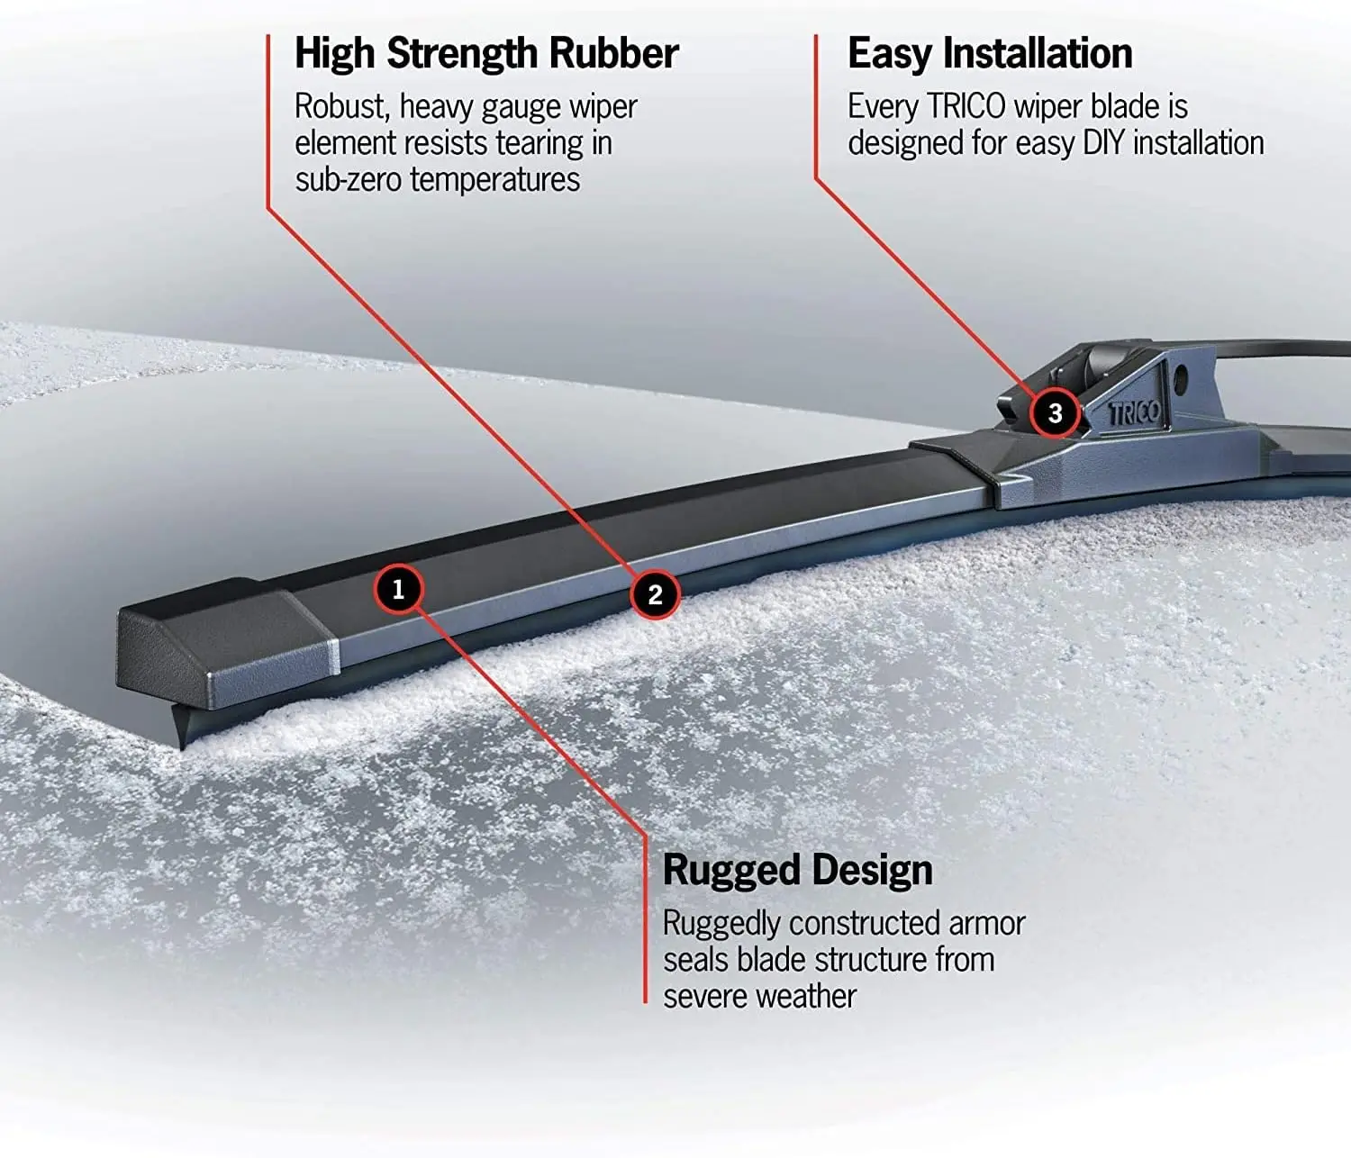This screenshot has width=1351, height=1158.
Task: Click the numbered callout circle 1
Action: tap(398, 590)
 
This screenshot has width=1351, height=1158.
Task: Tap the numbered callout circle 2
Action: tap(655, 593)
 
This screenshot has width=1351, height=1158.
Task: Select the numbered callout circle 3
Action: tap(1055, 412)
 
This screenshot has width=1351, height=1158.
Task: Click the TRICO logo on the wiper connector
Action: tap(1134, 413)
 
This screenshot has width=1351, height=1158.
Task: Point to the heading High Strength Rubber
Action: tap(486, 54)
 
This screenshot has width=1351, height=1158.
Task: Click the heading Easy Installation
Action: tap(990, 54)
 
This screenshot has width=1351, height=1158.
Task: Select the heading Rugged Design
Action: tap(797, 871)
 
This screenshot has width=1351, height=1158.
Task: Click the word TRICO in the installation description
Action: tap(966, 107)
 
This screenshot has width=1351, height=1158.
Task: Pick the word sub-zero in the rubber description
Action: tap(349, 180)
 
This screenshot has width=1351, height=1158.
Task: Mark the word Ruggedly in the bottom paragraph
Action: tap(721, 925)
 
